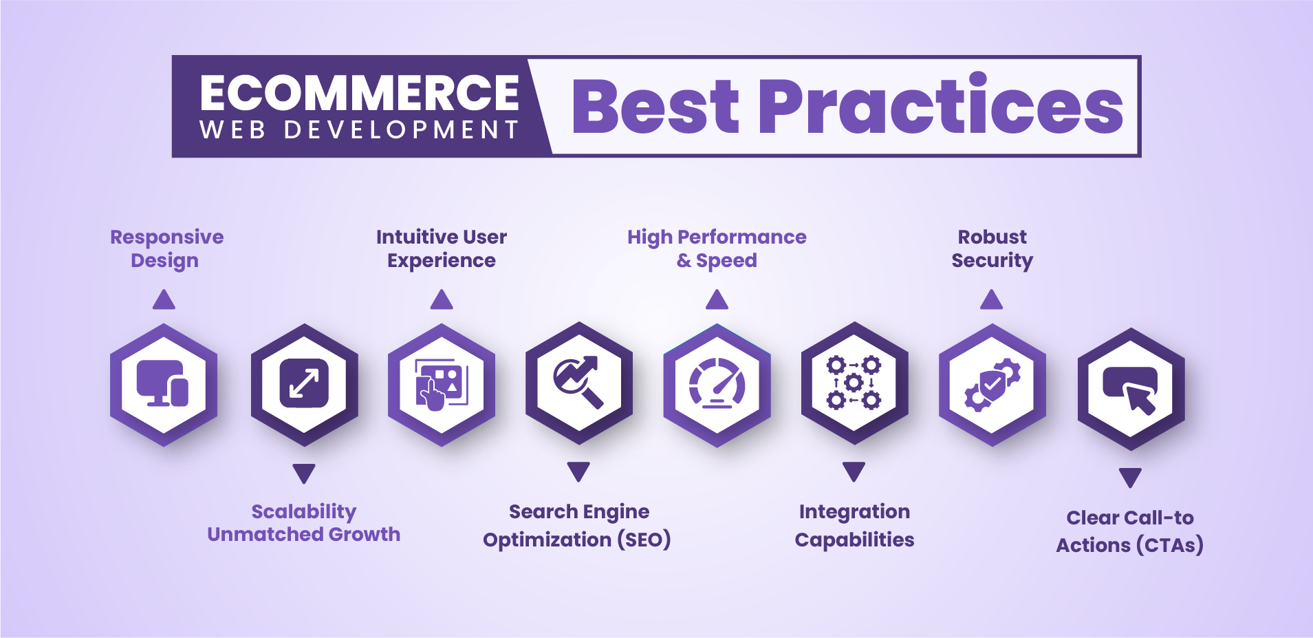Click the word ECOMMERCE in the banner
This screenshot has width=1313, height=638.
click(359, 93)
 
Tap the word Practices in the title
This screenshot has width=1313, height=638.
click(941, 105)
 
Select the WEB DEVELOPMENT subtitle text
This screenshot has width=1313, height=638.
click(359, 129)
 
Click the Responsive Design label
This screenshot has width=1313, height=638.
click(166, 248)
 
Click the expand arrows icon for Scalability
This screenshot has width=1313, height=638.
click(304, 383)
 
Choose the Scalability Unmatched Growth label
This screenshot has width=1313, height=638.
click(303, 523)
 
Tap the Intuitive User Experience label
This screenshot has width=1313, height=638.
click(442, 248)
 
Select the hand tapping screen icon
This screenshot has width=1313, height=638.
click(441, 384)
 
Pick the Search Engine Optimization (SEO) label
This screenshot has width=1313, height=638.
click(577, 526)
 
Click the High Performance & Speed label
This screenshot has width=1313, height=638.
click(717, 248)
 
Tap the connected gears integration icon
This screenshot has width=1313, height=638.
click(854, 383)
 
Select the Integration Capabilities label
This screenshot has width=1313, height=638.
click(854, 526)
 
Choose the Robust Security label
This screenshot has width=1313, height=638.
click(992, 248)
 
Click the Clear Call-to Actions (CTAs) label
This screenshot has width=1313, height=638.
click(1130, 531)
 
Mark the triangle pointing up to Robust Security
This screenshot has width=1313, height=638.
click(991, 300)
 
